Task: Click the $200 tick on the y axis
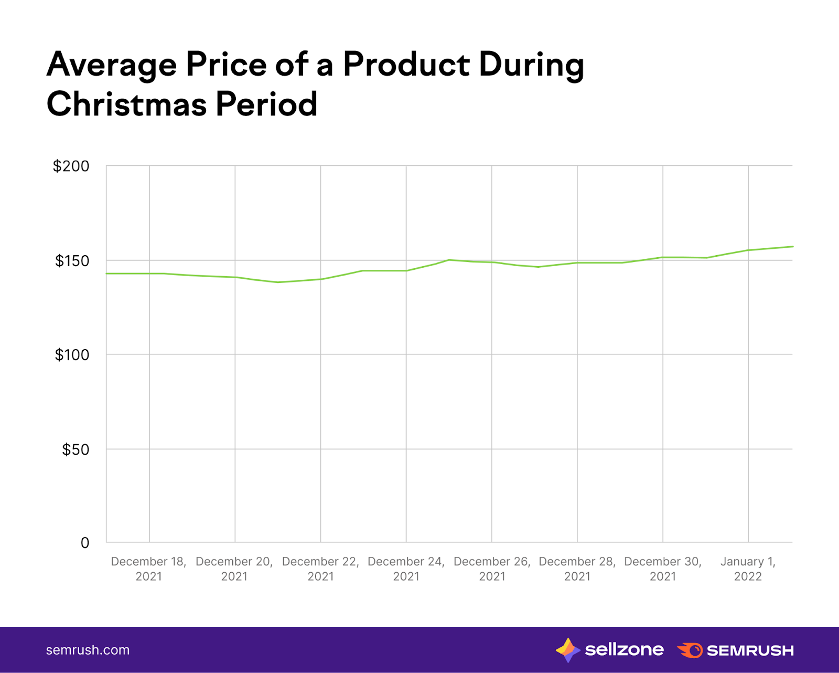71,166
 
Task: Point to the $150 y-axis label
72,261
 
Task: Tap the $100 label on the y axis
72,355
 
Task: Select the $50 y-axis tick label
76,449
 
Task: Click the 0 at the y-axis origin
85,543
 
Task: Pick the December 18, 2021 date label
149,569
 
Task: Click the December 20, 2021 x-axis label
234,569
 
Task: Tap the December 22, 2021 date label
320,569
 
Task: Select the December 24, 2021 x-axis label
406,569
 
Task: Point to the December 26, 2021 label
492,569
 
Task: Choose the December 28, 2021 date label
577,569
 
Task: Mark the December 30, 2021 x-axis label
663,569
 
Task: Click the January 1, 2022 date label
748,569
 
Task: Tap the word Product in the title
406,65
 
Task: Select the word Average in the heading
112,65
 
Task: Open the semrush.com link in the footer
88,650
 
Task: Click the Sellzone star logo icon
567,650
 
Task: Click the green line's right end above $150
791,247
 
